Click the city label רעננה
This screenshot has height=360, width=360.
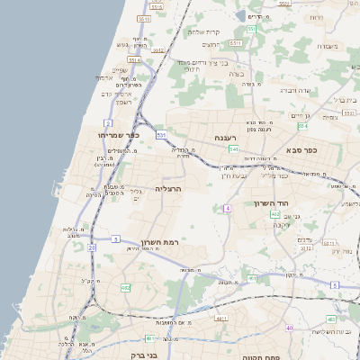click(223, 138)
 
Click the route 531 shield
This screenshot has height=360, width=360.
click(161, 135)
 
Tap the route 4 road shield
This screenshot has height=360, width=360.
click(228, 208)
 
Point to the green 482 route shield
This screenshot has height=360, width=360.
click(125, 288)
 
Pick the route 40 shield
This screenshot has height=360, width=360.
click(290, 328)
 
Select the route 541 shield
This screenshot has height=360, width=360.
click(233, 148)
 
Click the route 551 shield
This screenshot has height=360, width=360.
click(252, 30)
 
